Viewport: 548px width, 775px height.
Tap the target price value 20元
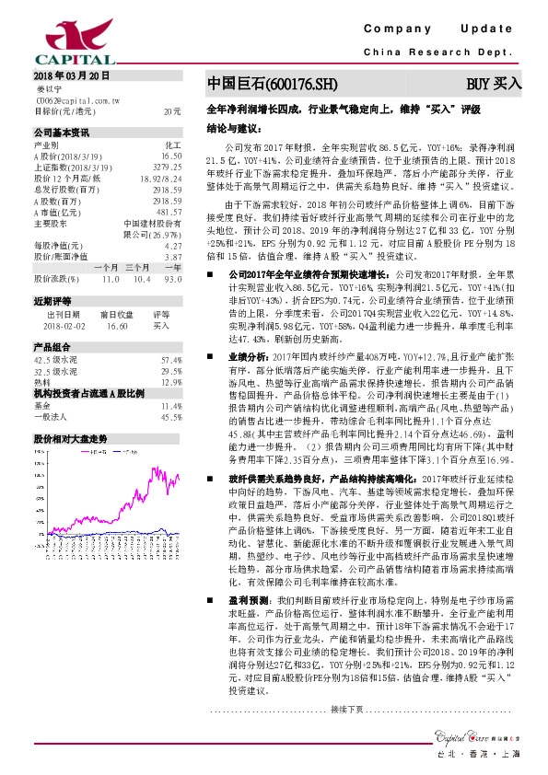click(172, 110)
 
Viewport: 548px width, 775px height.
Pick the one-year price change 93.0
click(172, 277)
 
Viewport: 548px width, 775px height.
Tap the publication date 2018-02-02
click(56, 324)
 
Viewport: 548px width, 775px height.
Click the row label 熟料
click(43, 381)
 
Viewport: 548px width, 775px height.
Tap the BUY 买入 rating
click(494, 84)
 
